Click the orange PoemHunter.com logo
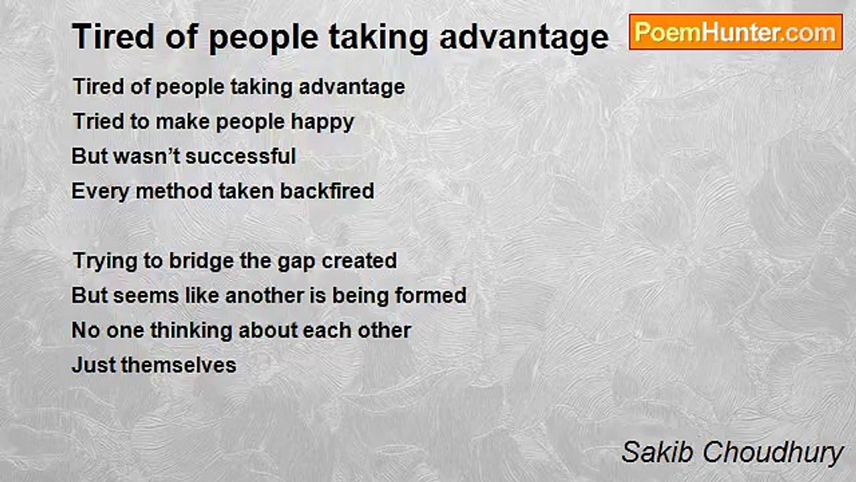pos(736,32)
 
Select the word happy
pos(322,123)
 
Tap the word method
pos(174,191)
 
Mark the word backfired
pos(327,191)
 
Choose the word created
pos(359,260)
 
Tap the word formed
pos(431,296)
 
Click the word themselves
pos(179,365)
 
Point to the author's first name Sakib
pos(657,452)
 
